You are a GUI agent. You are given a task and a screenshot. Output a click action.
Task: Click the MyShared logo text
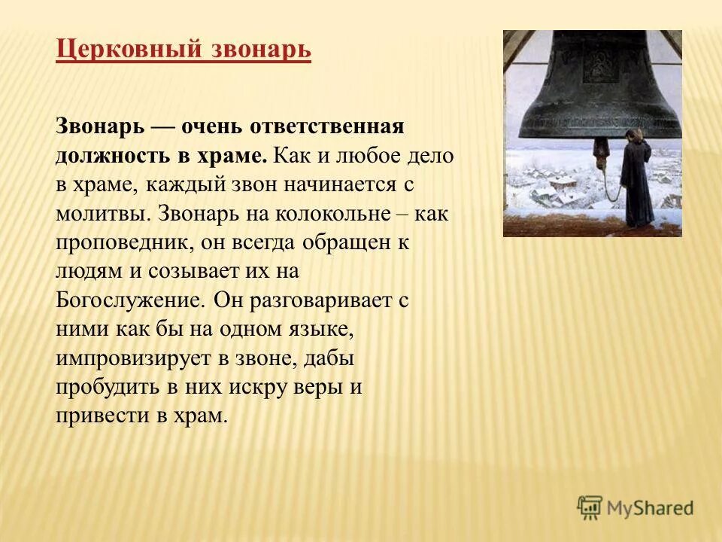(x=651, y=507)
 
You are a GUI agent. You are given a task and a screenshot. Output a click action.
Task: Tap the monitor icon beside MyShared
(x=590, y=507)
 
